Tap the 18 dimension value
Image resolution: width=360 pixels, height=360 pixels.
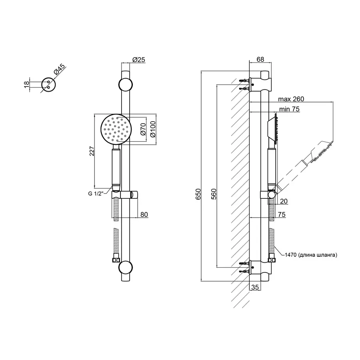pos(27,84)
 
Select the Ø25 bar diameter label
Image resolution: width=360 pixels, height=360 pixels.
pos(139,60)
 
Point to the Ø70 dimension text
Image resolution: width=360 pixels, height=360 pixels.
pos(143,129)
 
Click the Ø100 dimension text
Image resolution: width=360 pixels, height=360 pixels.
pos(153,129)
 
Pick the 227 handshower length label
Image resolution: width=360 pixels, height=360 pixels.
pos(92,151)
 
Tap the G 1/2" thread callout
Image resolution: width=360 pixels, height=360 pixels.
pos(95,194)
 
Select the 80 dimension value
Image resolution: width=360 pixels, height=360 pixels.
pos(144,214)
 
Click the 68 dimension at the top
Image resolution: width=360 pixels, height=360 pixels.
pos(260,59)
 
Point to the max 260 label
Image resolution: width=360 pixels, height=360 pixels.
pos(291,99)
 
